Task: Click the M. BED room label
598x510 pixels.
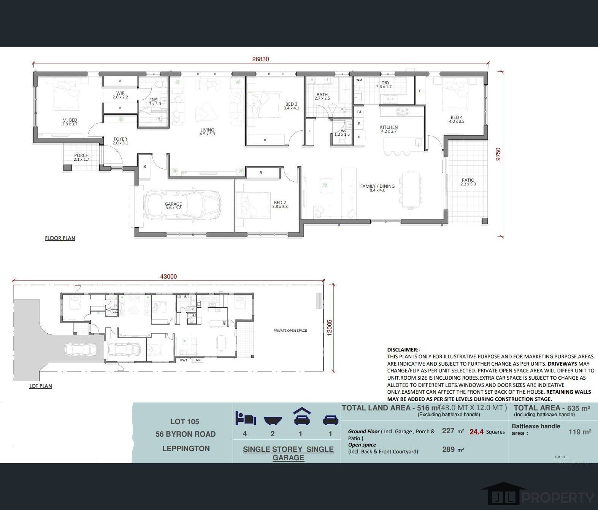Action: [70, 122]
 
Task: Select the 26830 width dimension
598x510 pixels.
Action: [260, 59]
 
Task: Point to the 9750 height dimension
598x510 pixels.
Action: [498, 154]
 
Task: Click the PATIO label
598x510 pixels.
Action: [468, 182]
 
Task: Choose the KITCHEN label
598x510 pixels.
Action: [389, 129]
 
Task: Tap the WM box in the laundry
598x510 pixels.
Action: [359, 80]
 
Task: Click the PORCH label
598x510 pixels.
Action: [81, 157]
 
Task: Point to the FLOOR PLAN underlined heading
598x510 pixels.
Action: [60, 238]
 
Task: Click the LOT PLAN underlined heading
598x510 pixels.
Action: [41, 386]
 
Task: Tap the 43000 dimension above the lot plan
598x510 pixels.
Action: [168, 277]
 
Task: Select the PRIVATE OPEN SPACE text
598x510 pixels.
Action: [290, 331]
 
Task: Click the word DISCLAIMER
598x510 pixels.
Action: [403, 350]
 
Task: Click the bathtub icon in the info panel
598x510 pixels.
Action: [273, 420]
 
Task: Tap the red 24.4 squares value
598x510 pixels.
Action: [476, 432]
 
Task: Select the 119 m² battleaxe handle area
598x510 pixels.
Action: [579, 432]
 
